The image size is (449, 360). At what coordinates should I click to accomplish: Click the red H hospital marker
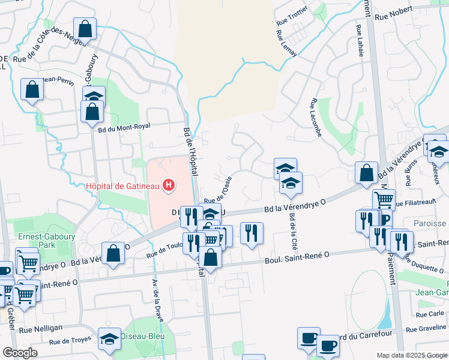click(169, 186)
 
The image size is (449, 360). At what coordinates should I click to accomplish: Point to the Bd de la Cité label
click(294, 232)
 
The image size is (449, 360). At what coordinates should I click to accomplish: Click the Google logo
click(20, 353)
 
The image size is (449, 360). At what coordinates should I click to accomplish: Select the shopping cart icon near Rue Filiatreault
click(384, 199)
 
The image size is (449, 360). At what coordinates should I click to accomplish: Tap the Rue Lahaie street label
click(360, 41)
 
